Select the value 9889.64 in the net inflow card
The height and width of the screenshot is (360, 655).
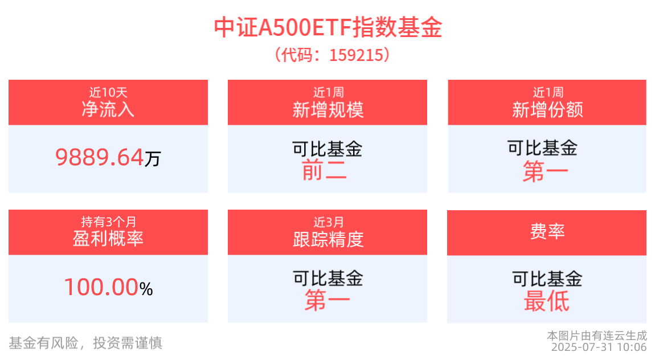100,157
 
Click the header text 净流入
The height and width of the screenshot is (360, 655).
108,109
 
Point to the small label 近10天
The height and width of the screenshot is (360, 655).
108,92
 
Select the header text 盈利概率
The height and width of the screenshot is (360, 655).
108,238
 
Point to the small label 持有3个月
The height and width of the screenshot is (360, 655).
108,221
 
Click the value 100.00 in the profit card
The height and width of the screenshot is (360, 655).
101,287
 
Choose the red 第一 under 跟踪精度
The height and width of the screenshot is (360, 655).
327,301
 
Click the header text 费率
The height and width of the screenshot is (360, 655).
547,232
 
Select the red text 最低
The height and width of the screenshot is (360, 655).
546,301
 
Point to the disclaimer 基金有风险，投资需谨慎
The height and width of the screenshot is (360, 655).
85,342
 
